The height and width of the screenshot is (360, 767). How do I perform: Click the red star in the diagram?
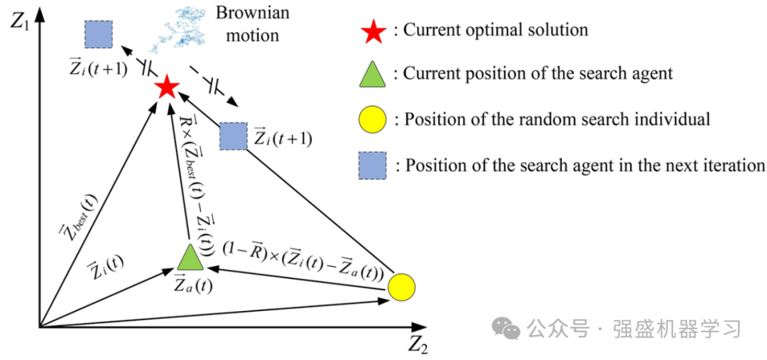tap(166, 87)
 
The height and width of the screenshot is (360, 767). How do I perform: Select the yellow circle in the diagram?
tap(401, 287)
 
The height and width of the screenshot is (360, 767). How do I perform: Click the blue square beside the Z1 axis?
tap(99, 34)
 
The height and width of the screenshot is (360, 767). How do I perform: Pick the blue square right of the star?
tap(233, 136)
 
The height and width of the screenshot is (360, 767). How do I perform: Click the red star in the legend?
tap(374, 31)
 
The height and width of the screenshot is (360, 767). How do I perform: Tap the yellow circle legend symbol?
tap(374, 119)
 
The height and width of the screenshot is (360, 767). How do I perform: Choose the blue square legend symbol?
tap(374, 166)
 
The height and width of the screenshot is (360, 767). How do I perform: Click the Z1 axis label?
tap(19, 21)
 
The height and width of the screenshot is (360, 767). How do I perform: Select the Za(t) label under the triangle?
tap(192, 286)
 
